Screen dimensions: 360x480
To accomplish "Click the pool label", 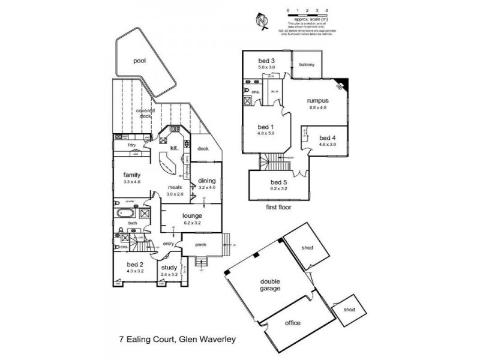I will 140,61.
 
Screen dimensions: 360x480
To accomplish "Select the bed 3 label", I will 267,61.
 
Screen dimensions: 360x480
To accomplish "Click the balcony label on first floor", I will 307,64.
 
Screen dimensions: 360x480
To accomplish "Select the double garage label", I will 270,284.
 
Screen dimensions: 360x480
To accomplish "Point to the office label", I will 293,323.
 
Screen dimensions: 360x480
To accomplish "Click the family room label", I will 132,175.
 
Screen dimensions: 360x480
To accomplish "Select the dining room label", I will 207,181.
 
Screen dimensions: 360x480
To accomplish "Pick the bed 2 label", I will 135,264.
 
